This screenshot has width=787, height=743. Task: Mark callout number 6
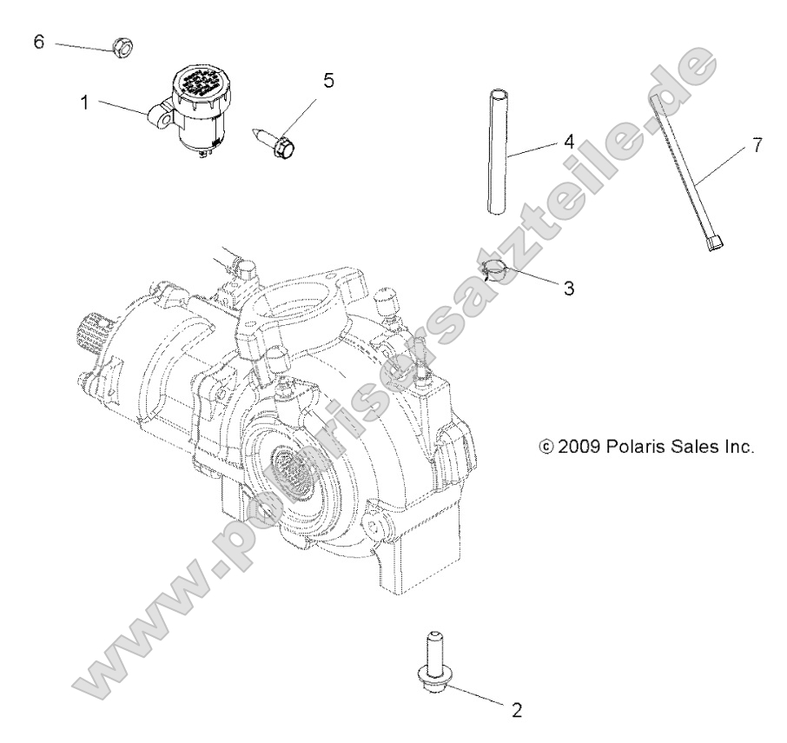pos(38,41)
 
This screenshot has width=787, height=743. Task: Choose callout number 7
pos(757,145)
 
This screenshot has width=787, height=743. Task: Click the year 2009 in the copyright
pos(580,448)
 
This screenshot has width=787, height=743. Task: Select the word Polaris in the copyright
pos(640,448)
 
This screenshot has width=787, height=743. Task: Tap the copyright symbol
pos(546,448)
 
